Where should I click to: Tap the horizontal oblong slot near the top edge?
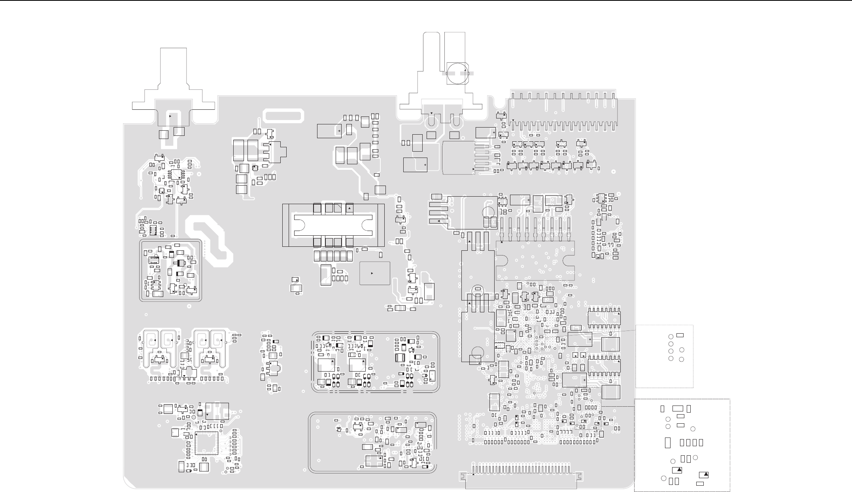[284, 116]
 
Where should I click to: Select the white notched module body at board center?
[333, 225]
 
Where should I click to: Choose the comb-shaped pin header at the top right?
[563, 111]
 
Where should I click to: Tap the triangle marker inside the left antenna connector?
[170, 116]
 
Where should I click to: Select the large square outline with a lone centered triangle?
[374, 273]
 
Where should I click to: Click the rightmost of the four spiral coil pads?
[217, 340]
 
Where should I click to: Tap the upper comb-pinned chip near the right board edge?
[604, 318]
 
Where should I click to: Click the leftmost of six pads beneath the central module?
[317, 256]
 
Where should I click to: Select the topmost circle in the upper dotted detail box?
[671, 337]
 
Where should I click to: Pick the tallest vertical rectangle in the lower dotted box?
[668, 443]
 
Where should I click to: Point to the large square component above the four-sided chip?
[217, 411]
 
